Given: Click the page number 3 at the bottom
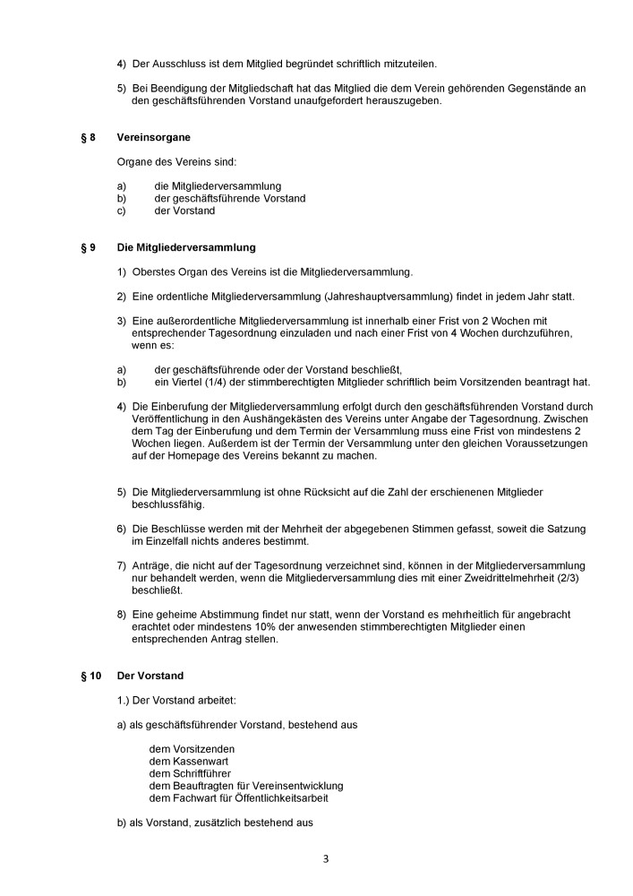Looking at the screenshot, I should coord(326,858).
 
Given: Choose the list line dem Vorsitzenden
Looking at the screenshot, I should coord(186,748).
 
